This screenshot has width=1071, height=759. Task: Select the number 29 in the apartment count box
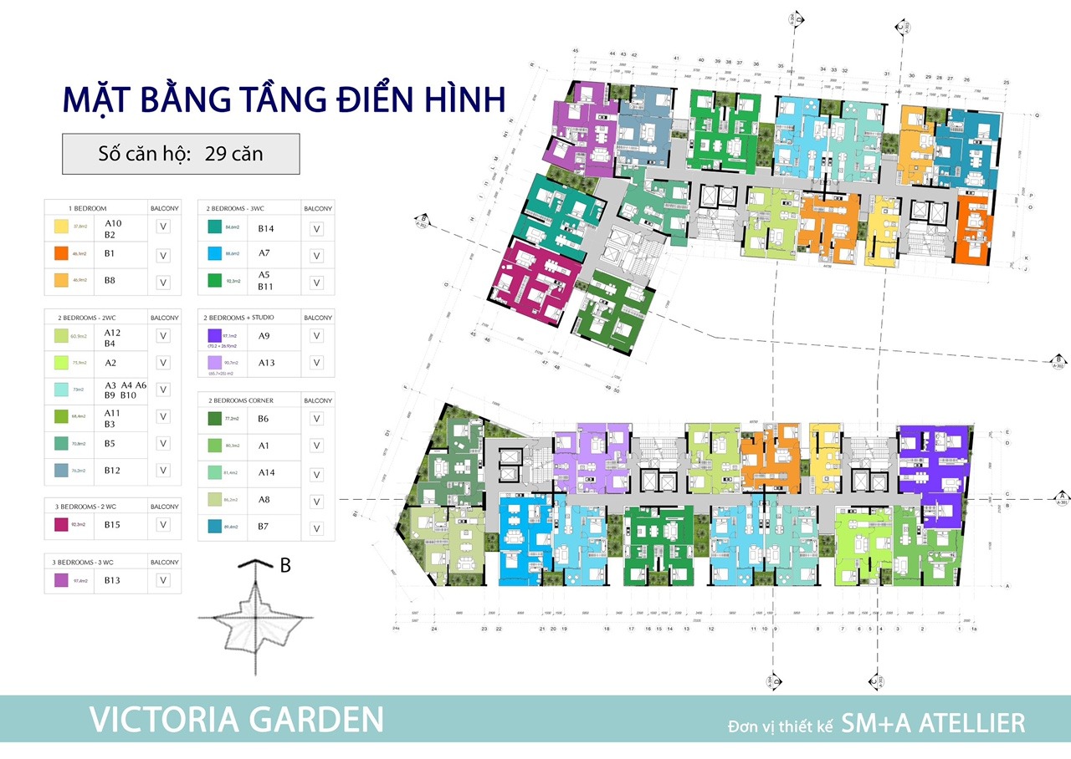[215, 154]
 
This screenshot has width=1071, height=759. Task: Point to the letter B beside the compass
[285, 566]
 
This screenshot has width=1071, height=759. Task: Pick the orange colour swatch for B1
[61, 253]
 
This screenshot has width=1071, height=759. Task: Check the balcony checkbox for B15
[163, 525]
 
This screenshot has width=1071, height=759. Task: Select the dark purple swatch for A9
[214, 335]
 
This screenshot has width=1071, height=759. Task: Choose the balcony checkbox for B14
[316, 229]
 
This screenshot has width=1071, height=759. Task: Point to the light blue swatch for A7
[214, 253]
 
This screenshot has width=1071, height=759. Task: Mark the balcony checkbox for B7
[316, 528]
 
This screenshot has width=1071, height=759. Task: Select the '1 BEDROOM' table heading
[88, 207]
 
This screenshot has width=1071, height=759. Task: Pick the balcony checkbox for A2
[163, 363]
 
